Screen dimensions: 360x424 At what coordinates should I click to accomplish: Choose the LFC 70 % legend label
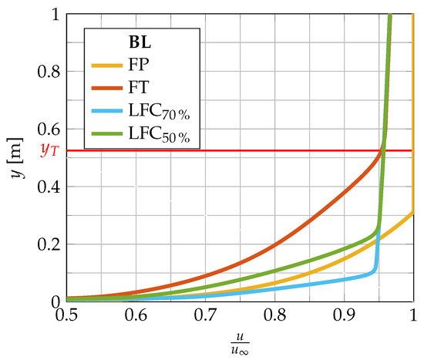pos(160,113)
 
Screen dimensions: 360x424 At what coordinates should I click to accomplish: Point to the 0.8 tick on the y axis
pos(52,71)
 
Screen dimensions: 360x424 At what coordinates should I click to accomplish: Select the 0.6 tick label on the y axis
pos(52,129)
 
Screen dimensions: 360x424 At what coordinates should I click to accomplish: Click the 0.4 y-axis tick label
pos(52,186)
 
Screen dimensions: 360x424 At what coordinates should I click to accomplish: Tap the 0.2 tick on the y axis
pos(52,244)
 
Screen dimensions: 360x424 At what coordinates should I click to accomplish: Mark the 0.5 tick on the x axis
pos(66,315)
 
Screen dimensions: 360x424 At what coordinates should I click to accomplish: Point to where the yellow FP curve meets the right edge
pos(413,212)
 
